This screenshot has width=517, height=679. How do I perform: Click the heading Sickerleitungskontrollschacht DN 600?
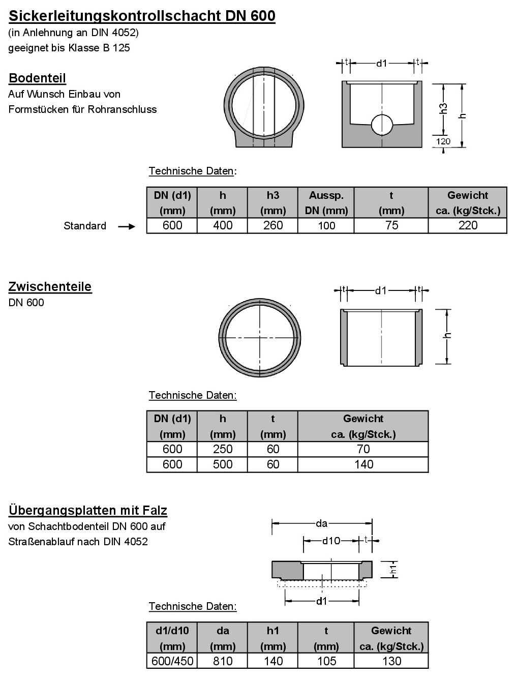point(142,16)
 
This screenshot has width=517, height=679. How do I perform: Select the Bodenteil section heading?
point(37,78)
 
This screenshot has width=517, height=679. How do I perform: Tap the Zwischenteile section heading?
point(50,287)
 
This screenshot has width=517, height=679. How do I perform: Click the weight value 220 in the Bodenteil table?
point(467,226)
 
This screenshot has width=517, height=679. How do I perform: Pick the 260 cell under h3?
point(272,226)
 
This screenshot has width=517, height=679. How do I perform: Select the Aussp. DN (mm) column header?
point(326,203)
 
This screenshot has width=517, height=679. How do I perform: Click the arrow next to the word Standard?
point(127,226)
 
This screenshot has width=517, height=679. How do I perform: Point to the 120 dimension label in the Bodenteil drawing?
point(443,141)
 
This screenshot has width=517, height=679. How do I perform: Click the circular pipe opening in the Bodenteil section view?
point(382,125)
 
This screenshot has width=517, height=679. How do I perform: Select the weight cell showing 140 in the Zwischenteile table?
point(363,464)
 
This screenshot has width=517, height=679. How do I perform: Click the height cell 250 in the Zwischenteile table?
point(222,449)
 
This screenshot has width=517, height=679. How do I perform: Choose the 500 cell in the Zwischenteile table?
point(222,464)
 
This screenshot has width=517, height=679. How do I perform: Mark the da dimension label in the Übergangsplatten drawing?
point(321,523)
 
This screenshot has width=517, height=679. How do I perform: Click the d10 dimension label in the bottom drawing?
point(331,541)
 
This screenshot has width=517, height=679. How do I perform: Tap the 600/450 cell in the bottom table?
point(172,661)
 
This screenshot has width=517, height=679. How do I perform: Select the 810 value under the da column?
point(222,661)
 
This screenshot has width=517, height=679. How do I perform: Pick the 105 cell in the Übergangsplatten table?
point(326,661)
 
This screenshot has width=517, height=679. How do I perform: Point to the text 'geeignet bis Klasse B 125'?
point(69,48)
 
